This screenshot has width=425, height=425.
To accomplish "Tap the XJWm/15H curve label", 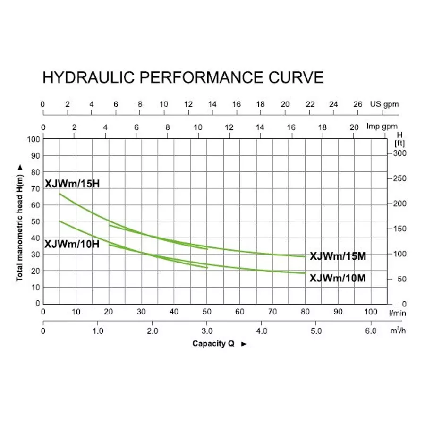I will [x=72, y=184].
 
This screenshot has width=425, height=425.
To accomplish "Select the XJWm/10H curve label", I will [x=72, y=244].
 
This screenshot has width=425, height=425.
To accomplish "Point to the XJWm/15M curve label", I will [x=338, y=256].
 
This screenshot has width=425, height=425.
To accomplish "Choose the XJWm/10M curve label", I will [x=338, y=279].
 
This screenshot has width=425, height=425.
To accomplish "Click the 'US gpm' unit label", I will [x=384, y=104].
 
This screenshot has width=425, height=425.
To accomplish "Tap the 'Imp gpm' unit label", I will [x=382, y=127].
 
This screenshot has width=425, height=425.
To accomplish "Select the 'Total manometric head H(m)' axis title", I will [x=20, y=222].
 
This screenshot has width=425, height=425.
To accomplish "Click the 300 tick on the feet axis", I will [x=399, y=153].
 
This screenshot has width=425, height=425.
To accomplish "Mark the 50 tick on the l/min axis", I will [x=207, y=312].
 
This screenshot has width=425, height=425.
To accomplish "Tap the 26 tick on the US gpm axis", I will [x=358, y=104].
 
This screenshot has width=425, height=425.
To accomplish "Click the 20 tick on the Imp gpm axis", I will [x=354, y=127].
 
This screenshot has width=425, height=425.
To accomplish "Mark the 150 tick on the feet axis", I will [x=399, y=229].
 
